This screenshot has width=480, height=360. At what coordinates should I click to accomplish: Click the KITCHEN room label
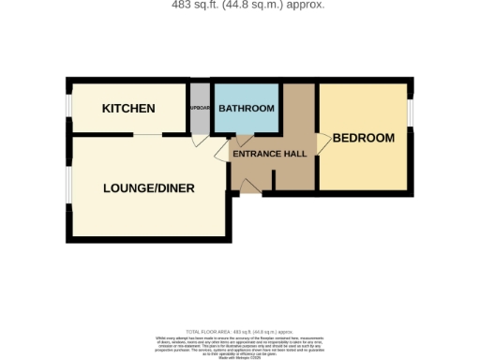coord(128,109)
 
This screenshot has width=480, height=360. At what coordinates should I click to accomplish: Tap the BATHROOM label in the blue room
coord(247,109)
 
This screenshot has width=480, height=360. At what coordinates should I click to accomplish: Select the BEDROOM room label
coord(364,139)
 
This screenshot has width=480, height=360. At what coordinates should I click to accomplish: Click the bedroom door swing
coord(322,142)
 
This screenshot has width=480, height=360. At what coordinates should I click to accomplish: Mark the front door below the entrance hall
coord(249,190)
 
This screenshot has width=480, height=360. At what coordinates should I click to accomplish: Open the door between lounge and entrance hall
coord(222,154)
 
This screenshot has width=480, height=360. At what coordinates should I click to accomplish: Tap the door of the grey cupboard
coord(199,141)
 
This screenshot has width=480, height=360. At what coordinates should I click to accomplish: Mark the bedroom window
coord(411,110)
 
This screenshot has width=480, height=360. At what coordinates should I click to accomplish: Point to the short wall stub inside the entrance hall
coord(277,177)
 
